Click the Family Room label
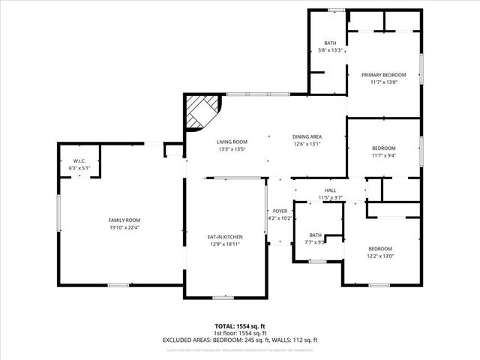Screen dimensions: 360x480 [x=119, y=219]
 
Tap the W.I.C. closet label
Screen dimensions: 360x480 [x=79, y=161]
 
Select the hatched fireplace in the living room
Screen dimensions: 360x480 [x=200, y=112]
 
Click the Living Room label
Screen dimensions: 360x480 [x=232, y=142]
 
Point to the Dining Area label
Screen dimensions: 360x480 [x=307, y=136]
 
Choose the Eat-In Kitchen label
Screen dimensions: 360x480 [x=225, y=237]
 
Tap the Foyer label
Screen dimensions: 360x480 [x=280, y=211]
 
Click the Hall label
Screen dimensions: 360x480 [x=330, y=190]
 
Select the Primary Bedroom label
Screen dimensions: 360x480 [x=383, y=75]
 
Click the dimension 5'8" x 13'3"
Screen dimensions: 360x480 [x=330, y=50]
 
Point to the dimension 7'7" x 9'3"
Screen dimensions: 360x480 [x=315, y=241]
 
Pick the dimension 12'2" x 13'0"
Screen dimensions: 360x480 [x=379, y=256]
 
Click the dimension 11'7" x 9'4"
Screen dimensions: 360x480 [x=383, y=155]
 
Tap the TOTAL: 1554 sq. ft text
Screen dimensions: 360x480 [x=240, y=325]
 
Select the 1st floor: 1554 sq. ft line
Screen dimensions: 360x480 [x=240, y=333]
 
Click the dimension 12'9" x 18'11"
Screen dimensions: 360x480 [x=225, y=244]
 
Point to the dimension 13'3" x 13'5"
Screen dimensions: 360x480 [x=232, y=148]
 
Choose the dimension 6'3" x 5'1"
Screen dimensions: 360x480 [x=79, y=168]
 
